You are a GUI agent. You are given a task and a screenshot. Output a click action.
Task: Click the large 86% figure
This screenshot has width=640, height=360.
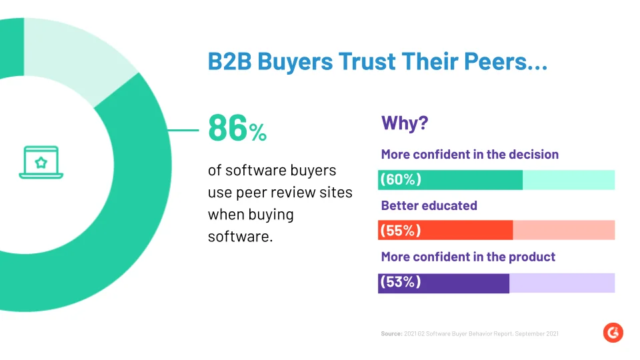coord(237,128)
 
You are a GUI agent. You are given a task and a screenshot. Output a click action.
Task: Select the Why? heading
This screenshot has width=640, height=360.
coord(405,123)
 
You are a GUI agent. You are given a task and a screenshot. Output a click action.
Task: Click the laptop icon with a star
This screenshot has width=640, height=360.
coord(41,162)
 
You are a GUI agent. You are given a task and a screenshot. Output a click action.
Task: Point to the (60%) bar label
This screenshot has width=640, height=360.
coord(401,179)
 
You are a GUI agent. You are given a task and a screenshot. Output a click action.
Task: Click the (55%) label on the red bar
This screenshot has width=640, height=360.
coord(401,230)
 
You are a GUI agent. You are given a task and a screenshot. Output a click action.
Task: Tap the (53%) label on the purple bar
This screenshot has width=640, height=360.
coord(401,281)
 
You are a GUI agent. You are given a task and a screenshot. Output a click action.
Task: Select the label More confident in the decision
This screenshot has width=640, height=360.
coord(470,154)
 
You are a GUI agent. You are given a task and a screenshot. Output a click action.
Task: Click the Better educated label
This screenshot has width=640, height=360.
coord(429,205)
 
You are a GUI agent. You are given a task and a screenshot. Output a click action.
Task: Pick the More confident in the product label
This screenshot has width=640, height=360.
coord(468,257)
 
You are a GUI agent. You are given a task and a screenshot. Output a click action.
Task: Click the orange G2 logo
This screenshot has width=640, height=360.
coord(613,333)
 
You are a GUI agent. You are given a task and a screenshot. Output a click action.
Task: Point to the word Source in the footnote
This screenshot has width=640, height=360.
coord(392,334)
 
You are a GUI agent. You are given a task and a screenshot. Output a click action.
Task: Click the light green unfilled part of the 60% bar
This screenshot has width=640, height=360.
coord(569,180)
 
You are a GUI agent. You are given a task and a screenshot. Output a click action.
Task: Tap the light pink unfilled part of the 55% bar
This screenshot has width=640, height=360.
coord(564,230)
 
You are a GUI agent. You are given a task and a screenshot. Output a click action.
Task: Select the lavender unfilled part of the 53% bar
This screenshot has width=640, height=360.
coord(562,283)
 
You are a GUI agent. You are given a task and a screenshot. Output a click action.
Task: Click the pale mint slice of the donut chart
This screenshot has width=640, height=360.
coord(77,57)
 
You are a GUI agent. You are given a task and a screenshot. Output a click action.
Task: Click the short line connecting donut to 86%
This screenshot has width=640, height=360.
coord(183,130)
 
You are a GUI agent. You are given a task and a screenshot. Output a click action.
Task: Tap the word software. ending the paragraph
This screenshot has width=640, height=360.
coord(241,236)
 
